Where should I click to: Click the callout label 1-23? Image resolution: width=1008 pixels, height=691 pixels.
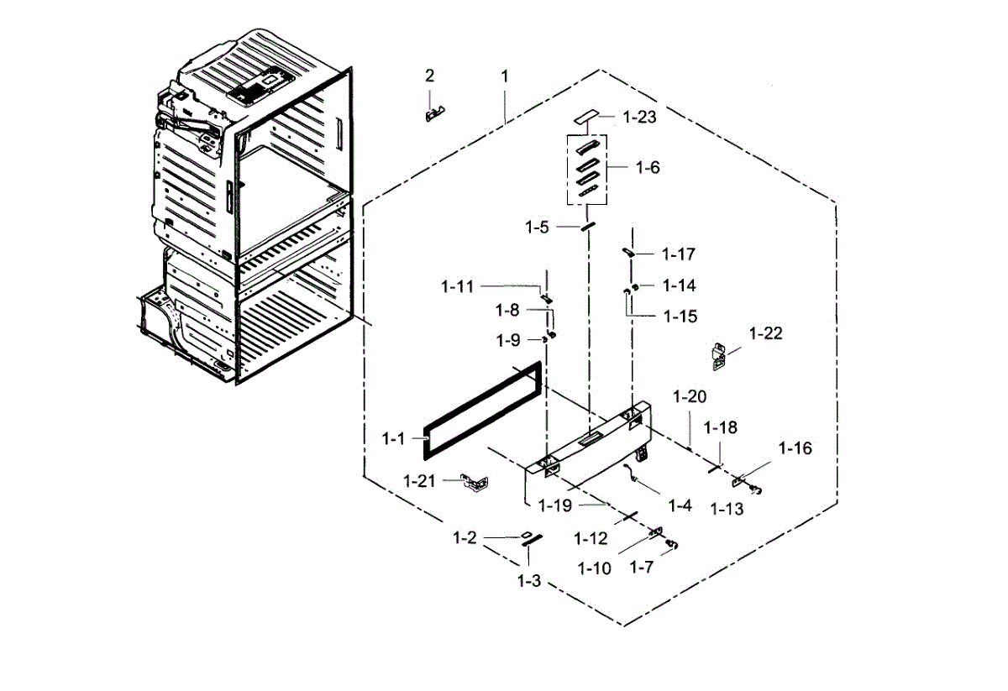(640, 118)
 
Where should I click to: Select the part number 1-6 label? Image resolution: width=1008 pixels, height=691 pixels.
(647, 168)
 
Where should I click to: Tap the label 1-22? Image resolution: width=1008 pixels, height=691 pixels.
(765, 333)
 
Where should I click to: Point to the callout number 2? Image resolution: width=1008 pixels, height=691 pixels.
(430, 76)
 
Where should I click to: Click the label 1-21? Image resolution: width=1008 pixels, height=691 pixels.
(420, 481)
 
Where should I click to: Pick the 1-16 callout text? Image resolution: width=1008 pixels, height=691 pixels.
(795, 448)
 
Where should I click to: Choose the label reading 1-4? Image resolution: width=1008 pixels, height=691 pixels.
(680, 505)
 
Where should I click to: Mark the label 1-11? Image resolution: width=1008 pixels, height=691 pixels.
(457, 287)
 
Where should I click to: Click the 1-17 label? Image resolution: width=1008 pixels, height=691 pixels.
(679, 254)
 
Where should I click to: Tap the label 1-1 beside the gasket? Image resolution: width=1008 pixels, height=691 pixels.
(393, 438)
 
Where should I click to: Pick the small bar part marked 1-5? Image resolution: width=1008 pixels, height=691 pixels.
(589, 226)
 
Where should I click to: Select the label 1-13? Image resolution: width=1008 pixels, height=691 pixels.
(727, 509)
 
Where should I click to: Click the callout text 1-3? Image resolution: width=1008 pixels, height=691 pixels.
(528, 581)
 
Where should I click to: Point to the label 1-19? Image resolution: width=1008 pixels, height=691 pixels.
(554, 505)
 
